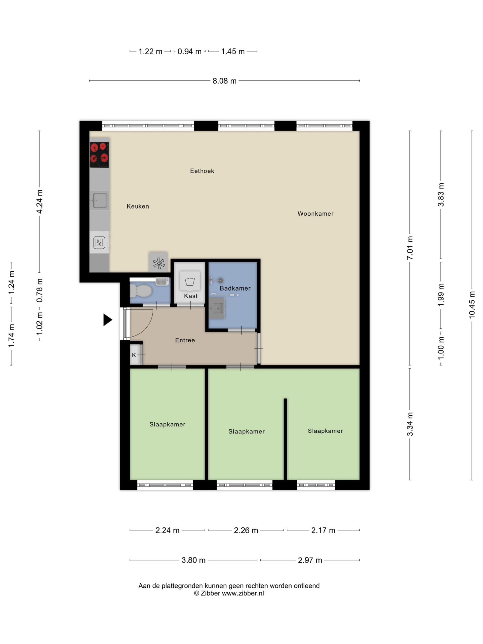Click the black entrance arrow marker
click(107, 320)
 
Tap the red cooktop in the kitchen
click(99, 155)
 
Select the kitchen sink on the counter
click(99, 200)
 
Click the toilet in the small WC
click(141, 291)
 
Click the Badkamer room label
click(235, 288)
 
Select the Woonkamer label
click(315, 214)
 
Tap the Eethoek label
click(202, 171)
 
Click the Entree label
click(185, 340)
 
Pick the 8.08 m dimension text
click(224, 81)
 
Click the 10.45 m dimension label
click(472, 305)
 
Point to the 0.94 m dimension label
click(189, 52)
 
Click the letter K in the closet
click(134, 355)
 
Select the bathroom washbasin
click(217, 308)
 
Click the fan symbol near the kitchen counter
click(158, 263)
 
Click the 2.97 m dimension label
click(310, 560)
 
